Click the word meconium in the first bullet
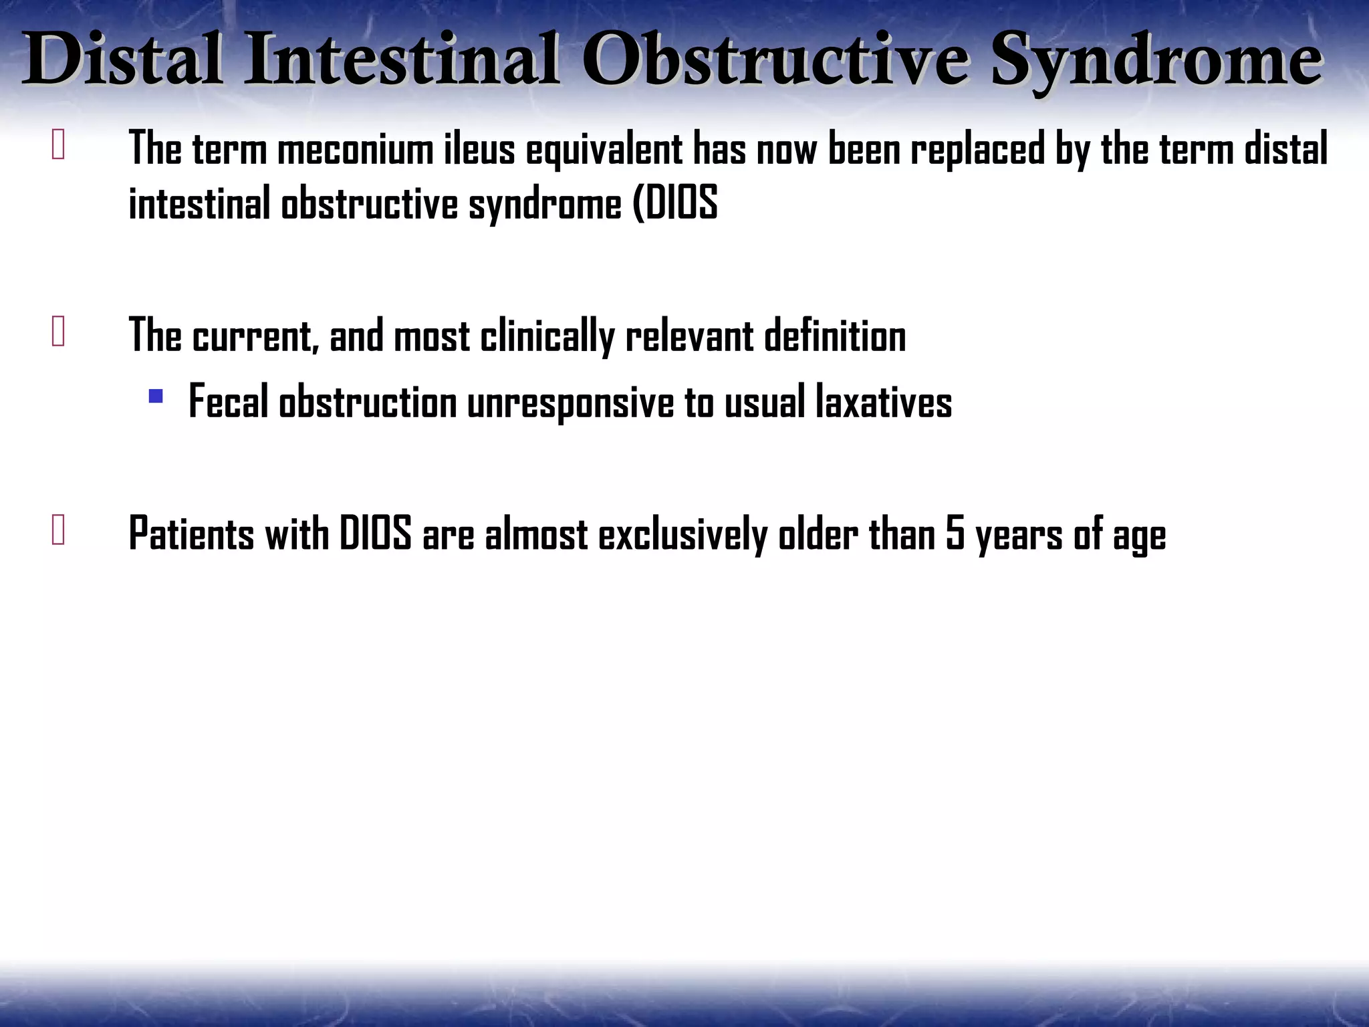click(x=355, y=148)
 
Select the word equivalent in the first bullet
click(x=604, y=150)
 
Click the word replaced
click(x=977, y=148)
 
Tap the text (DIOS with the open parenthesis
click(x=675, y=203)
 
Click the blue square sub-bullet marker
click(x=156, y=396)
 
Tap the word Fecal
click(x=228, y=403)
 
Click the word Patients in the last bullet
click(x=191, y=534)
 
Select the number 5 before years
click(x=955, y=534)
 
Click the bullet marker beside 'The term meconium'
click(x=58, y=145)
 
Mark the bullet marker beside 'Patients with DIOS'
click(x=58, y=531)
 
